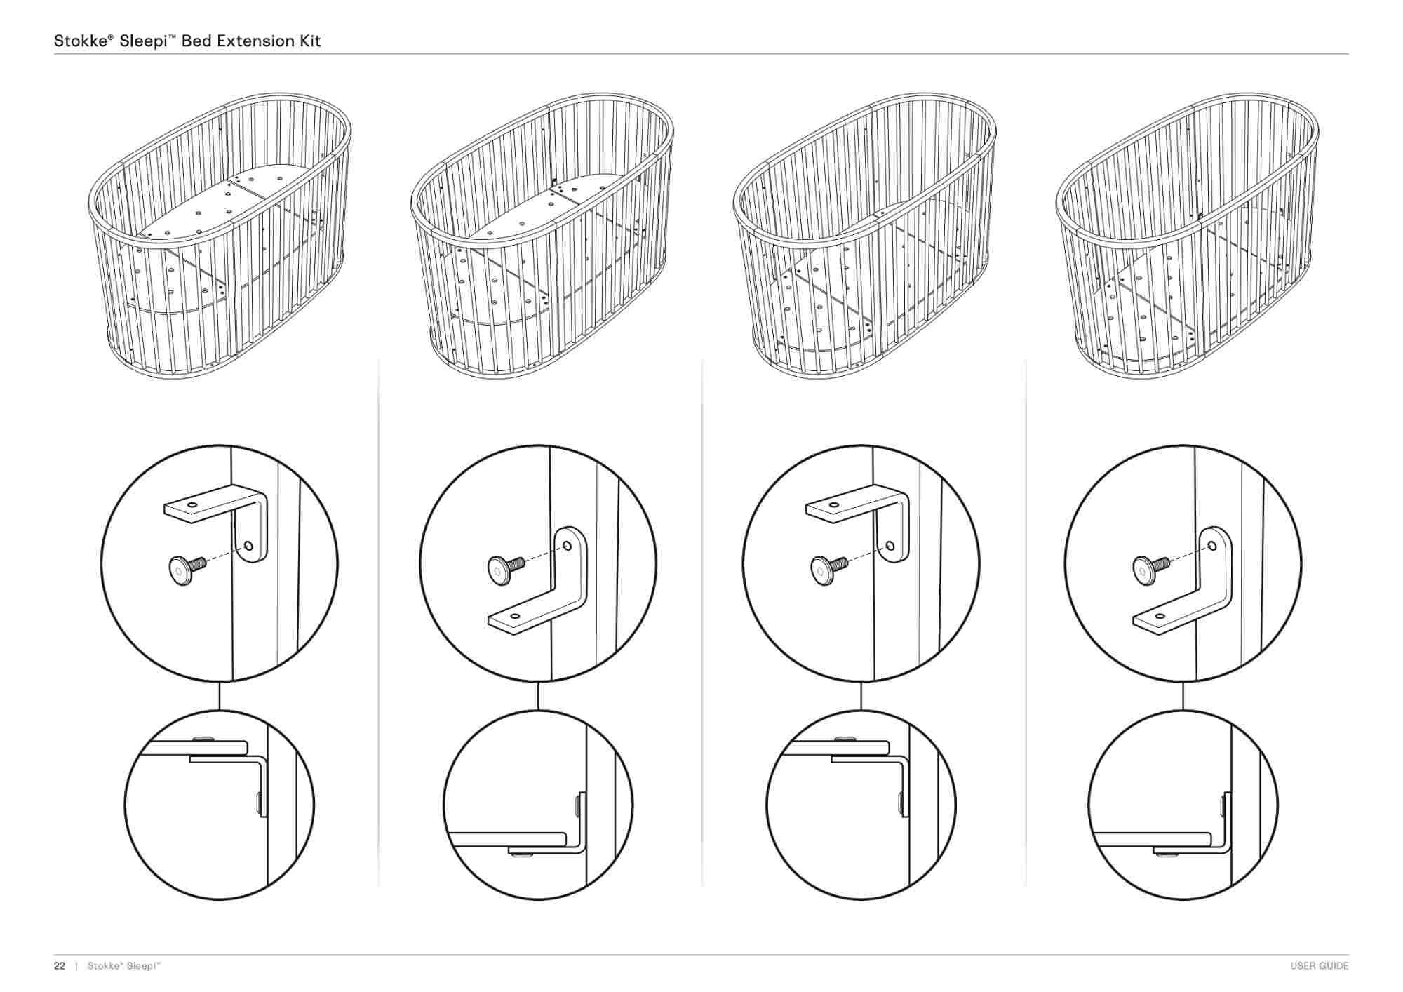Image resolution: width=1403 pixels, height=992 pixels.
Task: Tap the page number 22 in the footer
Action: (60, 966)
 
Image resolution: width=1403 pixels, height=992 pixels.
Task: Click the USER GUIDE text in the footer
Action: (1319, 966)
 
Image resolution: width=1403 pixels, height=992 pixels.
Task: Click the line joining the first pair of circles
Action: (220, 695)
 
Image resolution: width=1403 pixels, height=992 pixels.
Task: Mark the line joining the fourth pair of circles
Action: (1183, 695)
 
